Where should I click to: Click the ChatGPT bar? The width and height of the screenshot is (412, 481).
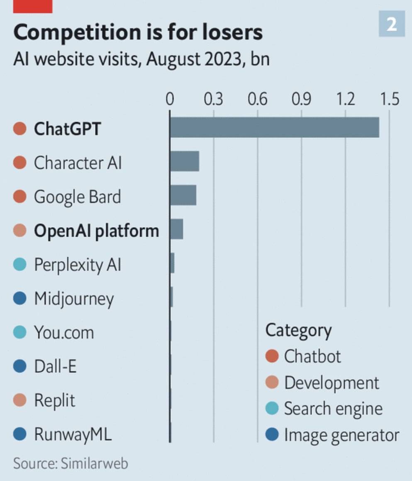(x=274, y=128)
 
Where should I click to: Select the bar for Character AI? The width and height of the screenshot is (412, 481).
(x=185, y=162)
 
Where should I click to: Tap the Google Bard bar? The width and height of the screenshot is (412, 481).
(x=183, y=196)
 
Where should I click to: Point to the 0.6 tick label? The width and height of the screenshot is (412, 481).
(x=257, y=100)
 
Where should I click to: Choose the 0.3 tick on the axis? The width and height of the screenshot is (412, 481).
(x=213, y=100)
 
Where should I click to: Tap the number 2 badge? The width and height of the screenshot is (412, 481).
(x=392, y=25)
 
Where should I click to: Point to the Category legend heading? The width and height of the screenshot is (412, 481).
(x=298, y=330)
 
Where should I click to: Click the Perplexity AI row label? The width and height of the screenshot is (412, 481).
(x=78, y=265)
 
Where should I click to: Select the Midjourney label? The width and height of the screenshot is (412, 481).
(x=74, y=299)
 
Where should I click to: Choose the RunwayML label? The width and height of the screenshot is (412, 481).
(x=73, y=434)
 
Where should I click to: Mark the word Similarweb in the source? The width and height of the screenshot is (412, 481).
(x=94, y=463)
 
